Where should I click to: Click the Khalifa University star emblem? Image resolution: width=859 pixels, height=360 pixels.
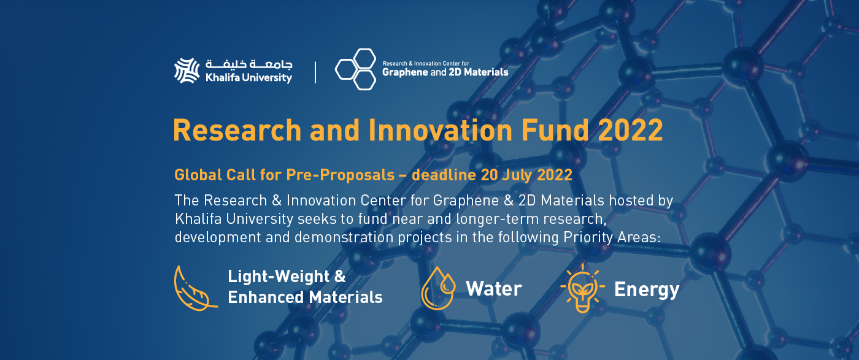click(187, 71)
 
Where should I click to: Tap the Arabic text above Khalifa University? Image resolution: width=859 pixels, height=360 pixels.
click(248, 64)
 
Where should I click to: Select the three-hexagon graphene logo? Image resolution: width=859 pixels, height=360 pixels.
click(355, 68)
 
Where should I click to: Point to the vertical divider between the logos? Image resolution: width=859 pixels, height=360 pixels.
click(315, 71)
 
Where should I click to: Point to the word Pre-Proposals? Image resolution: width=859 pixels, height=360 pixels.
click(340, 175)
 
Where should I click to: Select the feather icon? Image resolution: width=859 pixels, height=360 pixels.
click(195, 286)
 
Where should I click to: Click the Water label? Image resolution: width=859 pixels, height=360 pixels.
click(493, 289)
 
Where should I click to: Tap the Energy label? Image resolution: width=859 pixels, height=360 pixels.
click(647, 289)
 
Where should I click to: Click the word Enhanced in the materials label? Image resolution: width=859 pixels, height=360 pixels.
click(264, 297)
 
